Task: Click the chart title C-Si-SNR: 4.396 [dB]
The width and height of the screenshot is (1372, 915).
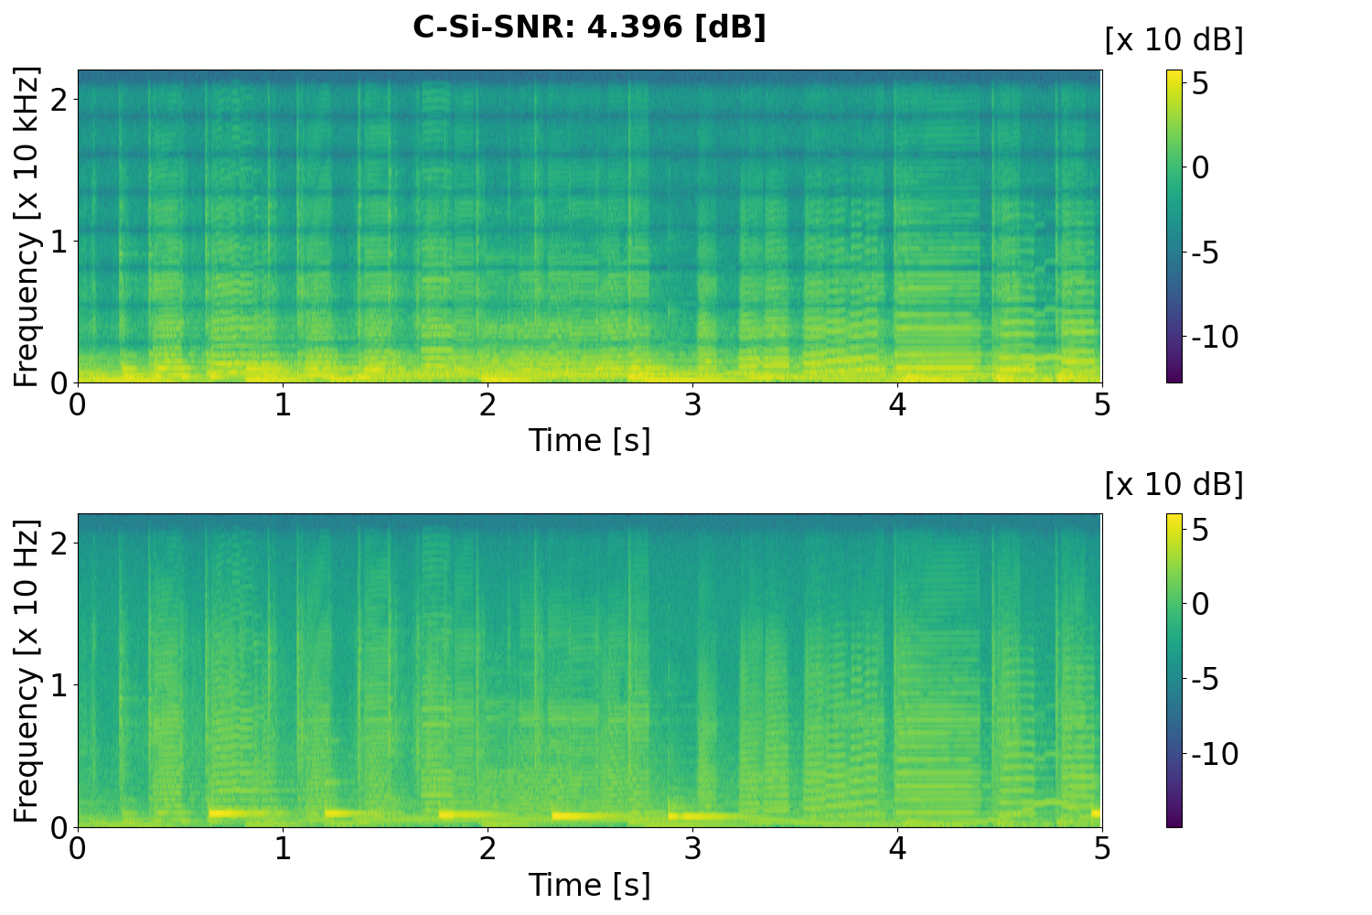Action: (x=589, y=27)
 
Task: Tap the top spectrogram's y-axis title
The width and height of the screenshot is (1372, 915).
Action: (x=27, y=226)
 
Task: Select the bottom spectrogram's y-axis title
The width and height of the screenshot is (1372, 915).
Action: (x=27, y=671)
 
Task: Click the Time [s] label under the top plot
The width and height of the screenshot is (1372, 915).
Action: (x=589, y=440)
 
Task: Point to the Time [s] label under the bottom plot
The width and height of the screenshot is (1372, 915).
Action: (x=589, y=885)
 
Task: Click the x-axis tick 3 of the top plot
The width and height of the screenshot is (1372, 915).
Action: (x=692, y=404)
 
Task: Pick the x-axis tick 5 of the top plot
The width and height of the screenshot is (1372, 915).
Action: (x=1102, y=404)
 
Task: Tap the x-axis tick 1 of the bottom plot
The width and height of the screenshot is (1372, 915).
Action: (x=283, y=849)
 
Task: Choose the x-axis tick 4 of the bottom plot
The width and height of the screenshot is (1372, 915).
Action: (x=897, y=849)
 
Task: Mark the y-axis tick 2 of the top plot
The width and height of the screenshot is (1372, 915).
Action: (x=59, y=99)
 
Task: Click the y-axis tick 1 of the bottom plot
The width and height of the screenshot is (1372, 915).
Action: (x=59, y=685)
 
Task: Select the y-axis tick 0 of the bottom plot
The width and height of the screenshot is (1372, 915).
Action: (x=59, y=826)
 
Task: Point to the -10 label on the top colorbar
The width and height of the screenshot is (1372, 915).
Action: (x=1215, y=338)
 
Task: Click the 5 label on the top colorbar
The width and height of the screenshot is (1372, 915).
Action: (x=1200, y=84)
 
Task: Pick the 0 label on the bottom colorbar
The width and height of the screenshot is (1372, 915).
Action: (x=1200, y=604)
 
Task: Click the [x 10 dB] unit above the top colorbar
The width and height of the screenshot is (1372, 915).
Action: (x=1174, y=40)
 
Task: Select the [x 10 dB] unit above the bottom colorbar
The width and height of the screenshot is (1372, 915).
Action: (x=1174, y=484)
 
